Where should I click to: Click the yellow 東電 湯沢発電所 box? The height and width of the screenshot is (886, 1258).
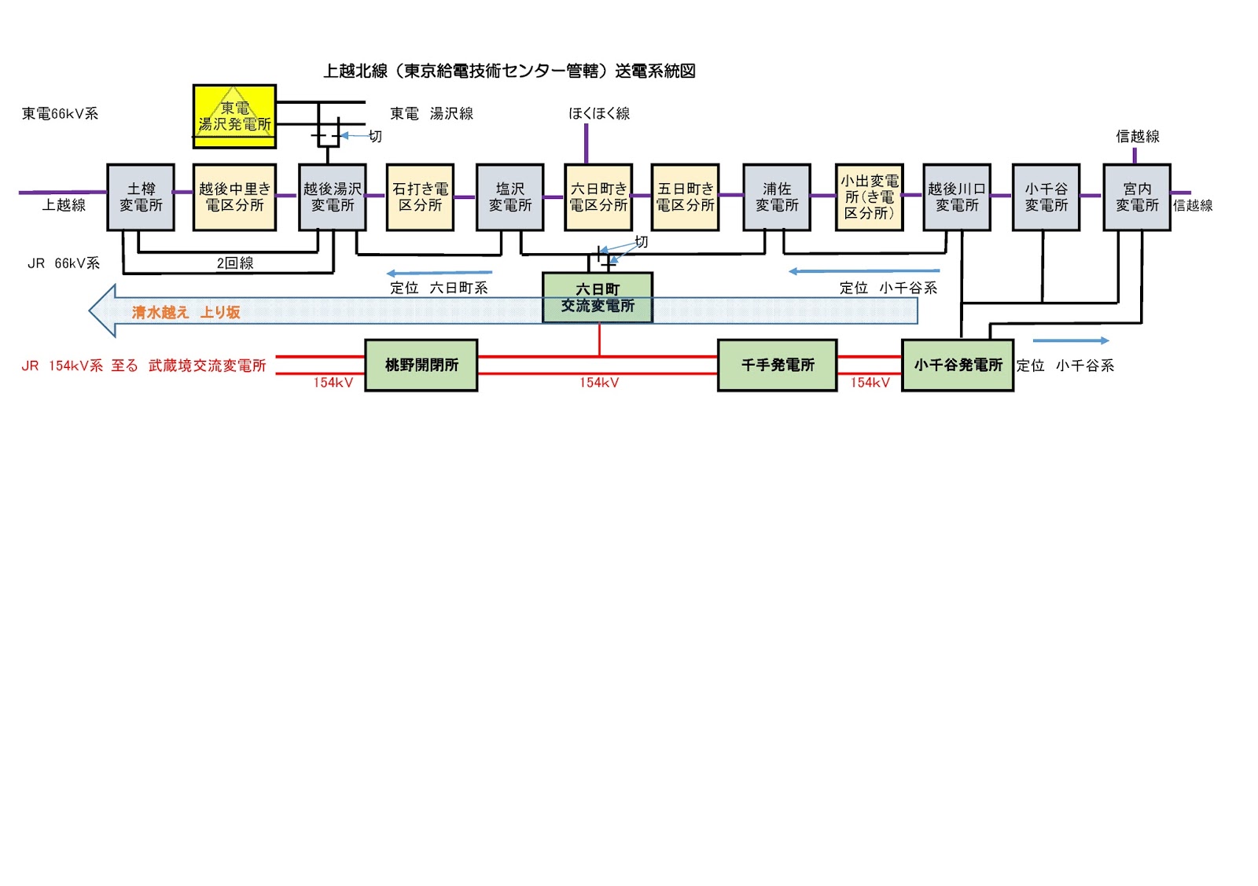[x=234, y=116]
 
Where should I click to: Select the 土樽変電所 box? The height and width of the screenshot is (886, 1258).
[x=141, y=197]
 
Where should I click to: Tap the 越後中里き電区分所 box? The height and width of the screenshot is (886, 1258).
[x=234, y=197]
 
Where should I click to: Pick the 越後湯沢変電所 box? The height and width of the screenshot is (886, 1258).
[x=333, y=197]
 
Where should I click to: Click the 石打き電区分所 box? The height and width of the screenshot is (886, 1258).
[x=420, y=197]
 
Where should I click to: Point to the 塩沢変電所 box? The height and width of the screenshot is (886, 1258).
[x=509, y=197]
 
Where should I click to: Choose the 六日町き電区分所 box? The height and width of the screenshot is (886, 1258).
[x=598, y=197]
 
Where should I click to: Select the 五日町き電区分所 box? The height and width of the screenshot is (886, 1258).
[x=685, y=197]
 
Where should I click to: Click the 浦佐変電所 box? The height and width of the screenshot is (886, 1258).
[x=776, y=197]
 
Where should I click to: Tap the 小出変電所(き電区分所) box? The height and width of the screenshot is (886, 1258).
[x=869, y=197]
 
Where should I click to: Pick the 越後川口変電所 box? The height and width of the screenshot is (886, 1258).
[x=957, y=197]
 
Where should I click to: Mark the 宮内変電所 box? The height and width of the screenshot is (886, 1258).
[x=1137, y=197]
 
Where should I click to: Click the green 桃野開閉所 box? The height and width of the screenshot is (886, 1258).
[x=421, y=365]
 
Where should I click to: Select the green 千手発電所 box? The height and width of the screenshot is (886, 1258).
[x=777, y=365]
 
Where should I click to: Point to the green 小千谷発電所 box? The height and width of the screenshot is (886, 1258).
[x=958, y=365]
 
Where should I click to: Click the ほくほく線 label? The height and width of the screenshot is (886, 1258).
[x=599, y=113]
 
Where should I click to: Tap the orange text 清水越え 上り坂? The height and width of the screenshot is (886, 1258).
[x=186, y=312]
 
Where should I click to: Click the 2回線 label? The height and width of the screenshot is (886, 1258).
[x=235, y=263]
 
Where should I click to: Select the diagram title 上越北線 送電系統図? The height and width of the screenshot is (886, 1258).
[x=509, y=71]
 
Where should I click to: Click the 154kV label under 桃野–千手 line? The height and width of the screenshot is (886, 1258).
[x=599, y=383]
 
